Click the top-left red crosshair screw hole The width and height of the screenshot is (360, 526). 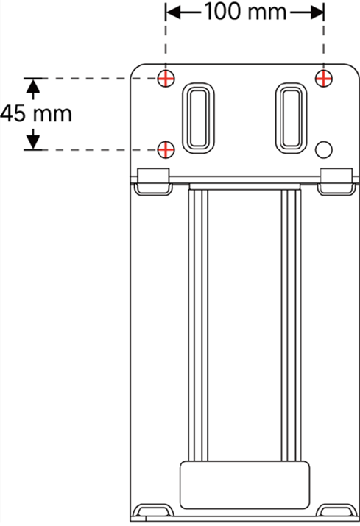(x=166, y=79)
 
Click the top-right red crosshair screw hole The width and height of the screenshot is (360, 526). (x=324, y=79)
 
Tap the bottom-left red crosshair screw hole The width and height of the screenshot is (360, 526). (x=166, y=149)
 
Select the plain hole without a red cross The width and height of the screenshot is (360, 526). (x=324, y=149)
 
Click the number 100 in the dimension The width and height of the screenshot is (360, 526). (x=223, y=12)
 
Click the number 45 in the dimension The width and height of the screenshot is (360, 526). (x=13, y=113)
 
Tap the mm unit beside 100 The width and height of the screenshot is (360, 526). (x=267, y=13)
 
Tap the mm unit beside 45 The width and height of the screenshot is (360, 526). (x=52, y=115)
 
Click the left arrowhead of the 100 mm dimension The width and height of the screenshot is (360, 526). (x=173, y=13)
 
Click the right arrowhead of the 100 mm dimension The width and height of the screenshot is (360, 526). (x=317, y=13)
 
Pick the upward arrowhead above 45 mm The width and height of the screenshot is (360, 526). (x=33, y=85)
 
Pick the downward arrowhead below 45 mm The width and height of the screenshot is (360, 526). (x=33, y=142)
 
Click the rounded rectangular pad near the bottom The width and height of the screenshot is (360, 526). (x=245, y=485)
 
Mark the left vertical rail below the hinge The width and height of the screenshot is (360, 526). (x=198, y=325)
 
